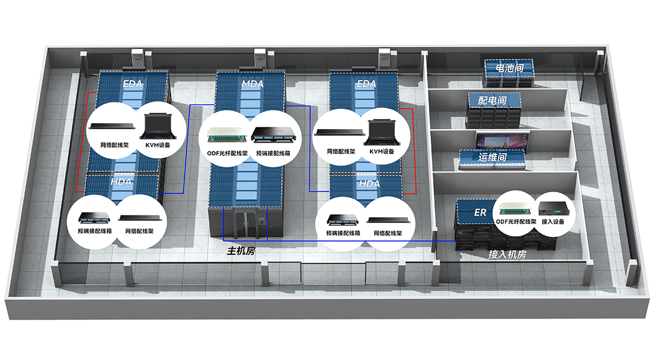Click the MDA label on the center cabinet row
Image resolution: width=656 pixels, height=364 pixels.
click(x=252, y=84)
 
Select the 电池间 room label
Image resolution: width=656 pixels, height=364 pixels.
click(x=509, y=69)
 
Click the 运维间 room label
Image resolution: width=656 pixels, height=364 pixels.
click(x=493, y=158)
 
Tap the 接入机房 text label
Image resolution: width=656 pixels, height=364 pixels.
click(x=507, y=255)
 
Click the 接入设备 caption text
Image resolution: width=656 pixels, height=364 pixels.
click(x=553, y=222)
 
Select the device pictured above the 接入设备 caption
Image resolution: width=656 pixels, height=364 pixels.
click(x=553, y=209)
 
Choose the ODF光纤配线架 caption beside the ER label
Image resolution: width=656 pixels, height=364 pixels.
click(x=516, y=222)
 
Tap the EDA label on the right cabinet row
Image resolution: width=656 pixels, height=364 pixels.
click(x=366, y=84)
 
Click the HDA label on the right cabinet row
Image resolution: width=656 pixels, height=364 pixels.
click(x=369, y=183)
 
